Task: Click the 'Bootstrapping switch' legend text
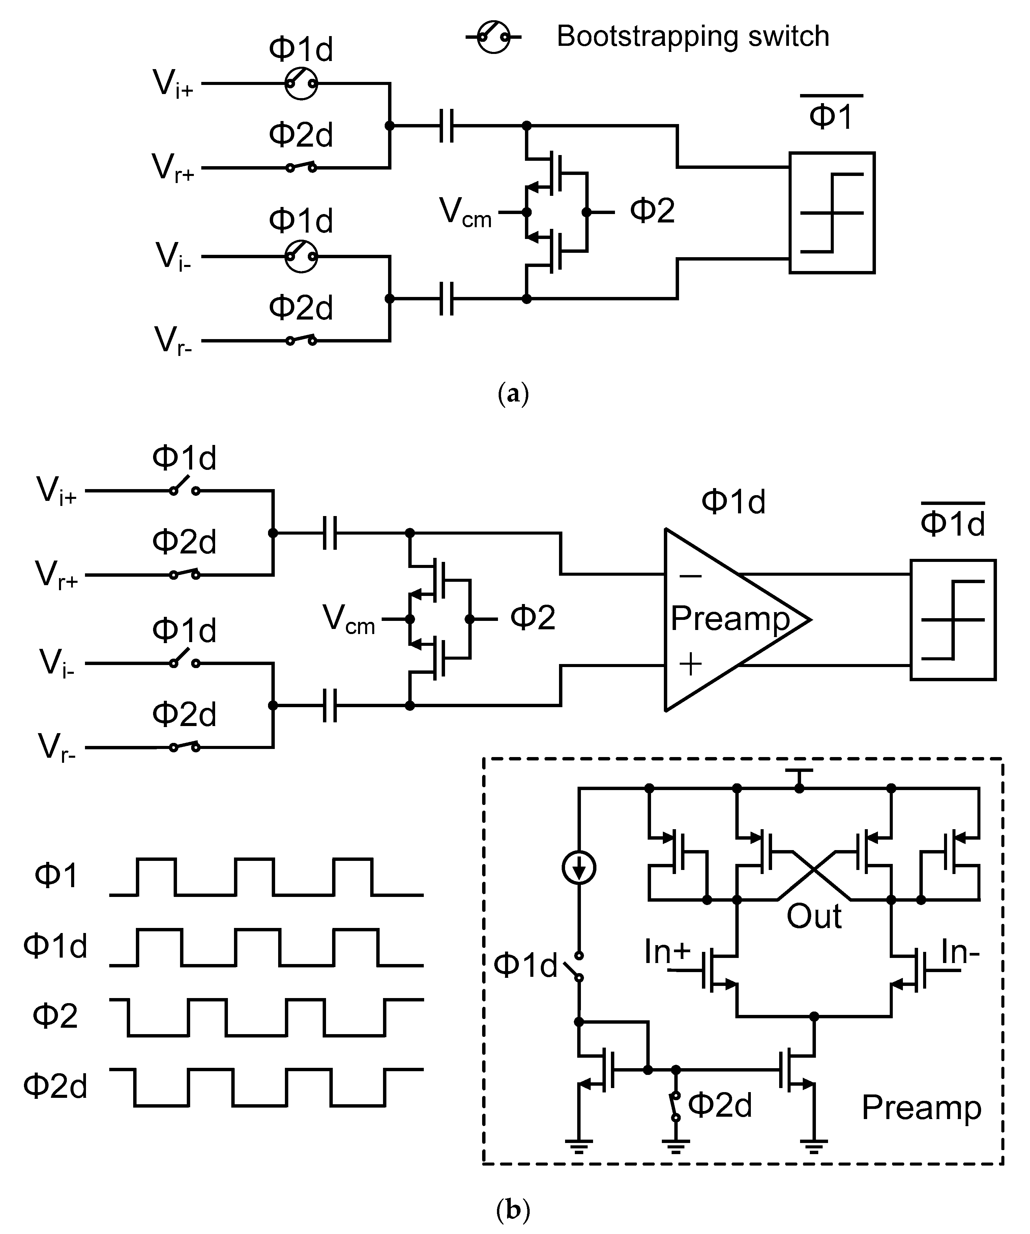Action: point(693,36)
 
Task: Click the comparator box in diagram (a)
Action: point(831,213)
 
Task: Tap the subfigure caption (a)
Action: point(513,394)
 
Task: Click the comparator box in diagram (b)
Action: point(952,620)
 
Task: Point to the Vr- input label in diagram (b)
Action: point(56,749)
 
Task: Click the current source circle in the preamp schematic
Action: point(579,867)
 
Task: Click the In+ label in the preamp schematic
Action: point(667,952)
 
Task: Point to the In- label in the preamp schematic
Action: point(960,952)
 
